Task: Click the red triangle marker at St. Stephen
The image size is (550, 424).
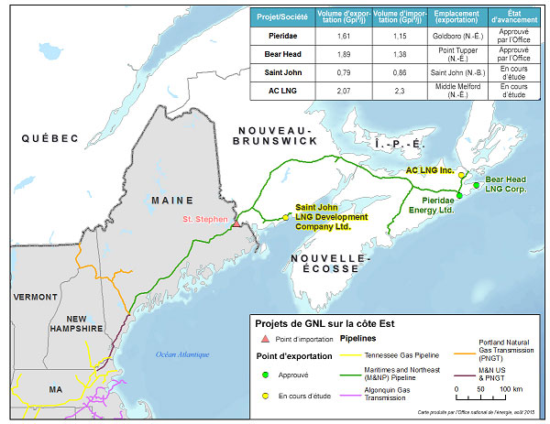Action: coord(236,223)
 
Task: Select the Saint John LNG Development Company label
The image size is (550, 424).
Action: coord(330,216)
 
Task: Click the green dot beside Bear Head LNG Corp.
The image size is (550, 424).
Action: coord(476,186)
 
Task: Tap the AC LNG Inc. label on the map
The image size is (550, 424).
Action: coord(430,170)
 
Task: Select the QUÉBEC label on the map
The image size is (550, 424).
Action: coord(51,138)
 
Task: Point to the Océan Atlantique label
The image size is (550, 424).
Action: coord(182,354)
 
